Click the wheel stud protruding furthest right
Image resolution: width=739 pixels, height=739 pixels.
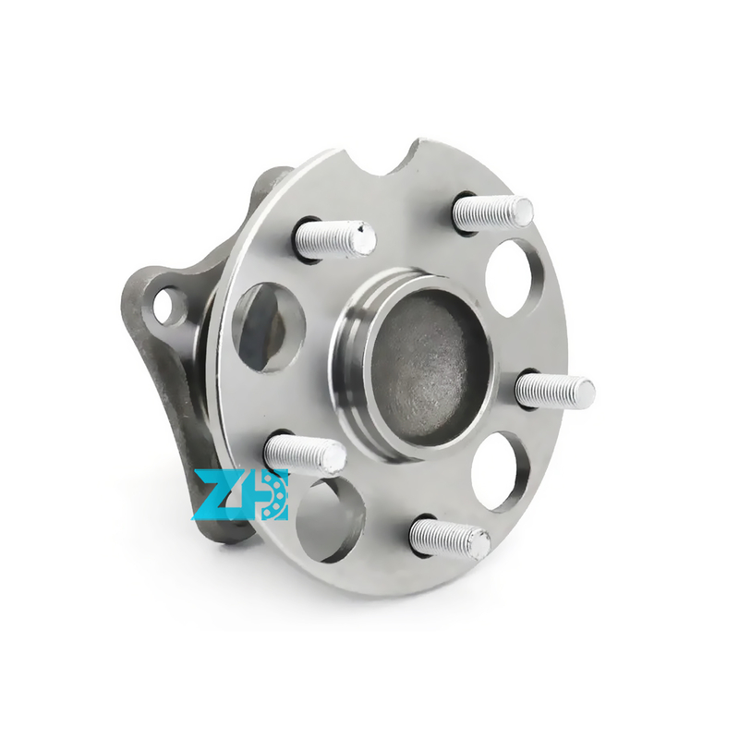(x=554, y=390)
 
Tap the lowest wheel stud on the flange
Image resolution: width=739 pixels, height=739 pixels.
(x=449, y=538)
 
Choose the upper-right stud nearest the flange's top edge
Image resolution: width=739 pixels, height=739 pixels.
(x=492, y=213)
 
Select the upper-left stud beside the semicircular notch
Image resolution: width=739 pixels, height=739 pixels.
(x=333, y=238)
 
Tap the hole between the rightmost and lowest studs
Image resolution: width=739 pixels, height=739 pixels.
(x=500, y=470)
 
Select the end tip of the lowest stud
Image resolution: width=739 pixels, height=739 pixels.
(x=479, y=545)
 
